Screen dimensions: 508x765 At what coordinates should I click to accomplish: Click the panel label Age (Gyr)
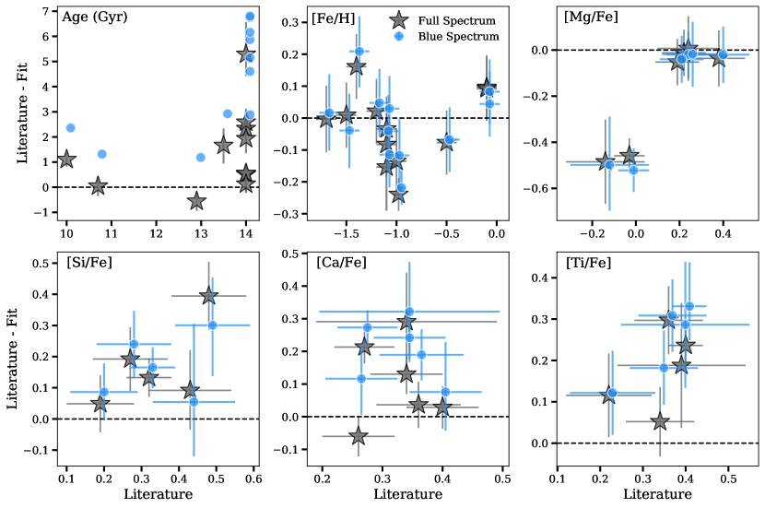coord(94,18)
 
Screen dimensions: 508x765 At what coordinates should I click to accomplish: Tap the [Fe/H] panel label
coord(331,18)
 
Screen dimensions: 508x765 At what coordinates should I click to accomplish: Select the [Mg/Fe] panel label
coord(591,18)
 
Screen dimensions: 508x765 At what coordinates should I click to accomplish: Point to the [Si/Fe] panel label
coord(89,263)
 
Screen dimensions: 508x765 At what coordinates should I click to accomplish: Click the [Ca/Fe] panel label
coord(341,263)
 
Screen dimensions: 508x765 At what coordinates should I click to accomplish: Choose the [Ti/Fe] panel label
coord(588,263)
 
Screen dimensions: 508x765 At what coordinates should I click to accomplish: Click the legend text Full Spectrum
coord(456,20)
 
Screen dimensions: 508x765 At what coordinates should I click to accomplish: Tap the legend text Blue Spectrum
coord(458,37)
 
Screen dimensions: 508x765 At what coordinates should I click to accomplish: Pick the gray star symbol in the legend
coord(398,20)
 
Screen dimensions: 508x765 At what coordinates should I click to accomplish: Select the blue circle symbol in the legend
coord(398,37)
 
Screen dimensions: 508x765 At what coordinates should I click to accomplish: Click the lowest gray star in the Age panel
coord(195,201)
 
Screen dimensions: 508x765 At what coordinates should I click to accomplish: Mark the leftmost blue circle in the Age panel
coord(70,128)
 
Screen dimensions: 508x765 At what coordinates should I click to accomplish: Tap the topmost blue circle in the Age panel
coord(250,17)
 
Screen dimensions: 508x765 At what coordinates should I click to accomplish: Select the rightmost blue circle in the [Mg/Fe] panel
coord(723,55)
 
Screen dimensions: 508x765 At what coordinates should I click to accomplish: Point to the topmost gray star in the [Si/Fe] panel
coord(208,295)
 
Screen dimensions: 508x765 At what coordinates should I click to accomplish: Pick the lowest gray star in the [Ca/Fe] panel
coord(359,436)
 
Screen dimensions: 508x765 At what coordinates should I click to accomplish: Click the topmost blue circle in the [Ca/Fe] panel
coord(409,312)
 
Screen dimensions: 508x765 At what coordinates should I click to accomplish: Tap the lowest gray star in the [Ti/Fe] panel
coord(660,421)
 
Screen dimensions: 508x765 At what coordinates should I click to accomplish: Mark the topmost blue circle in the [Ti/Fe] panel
coord(689,306)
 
